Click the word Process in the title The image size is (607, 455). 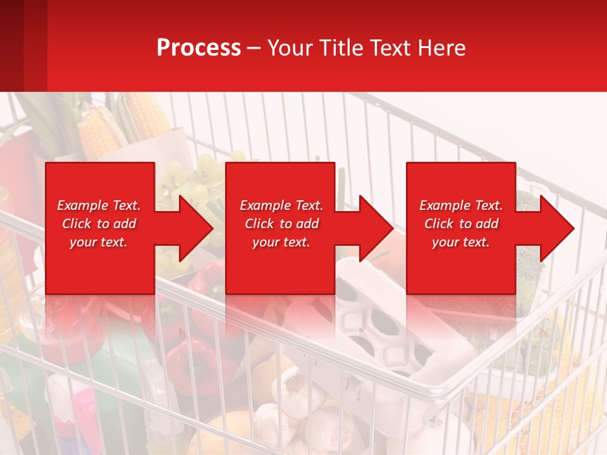[x=199, y=48]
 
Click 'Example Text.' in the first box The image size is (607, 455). [x=99, y=205]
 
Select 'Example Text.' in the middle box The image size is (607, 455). [x=281, y=205]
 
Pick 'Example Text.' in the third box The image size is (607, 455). [x=461, y=205]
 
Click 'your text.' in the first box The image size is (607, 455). [x=99, y=242]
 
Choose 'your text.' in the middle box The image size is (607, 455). [x=281, y=242]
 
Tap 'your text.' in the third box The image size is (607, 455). [x=461, y=242]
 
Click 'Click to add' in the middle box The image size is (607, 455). [x=281, y=224]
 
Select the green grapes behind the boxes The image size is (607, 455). [x=202, y=171]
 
